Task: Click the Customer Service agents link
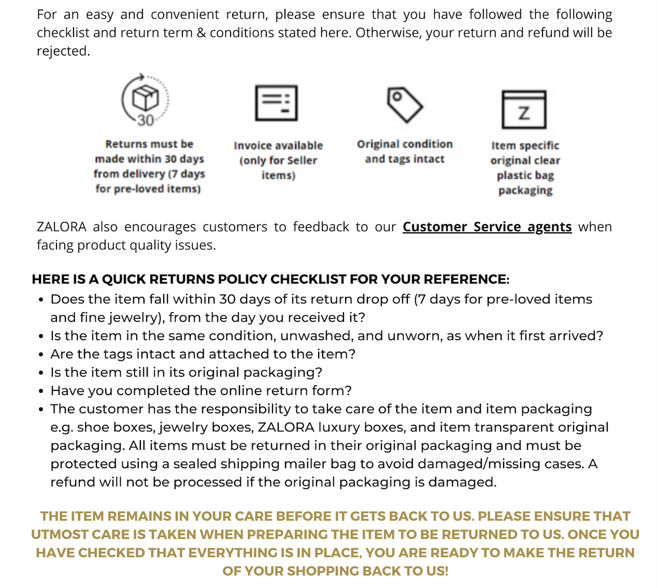pyautogui.click(x=487, y=227)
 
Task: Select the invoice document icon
pyautogui.click(x=277, y=103)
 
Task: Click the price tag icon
pyautogui.click(x=405, y=104)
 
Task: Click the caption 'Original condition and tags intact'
pyautogui.click(x=405, y=151)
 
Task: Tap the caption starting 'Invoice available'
pyautogui.click(x=278, y=160)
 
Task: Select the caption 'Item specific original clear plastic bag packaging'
pyautogui.click(x=525, y=168)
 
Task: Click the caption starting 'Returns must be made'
pyautogui.click(x=149, y=166)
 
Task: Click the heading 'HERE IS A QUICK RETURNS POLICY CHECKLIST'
pyautogui.click(x=270, y=279)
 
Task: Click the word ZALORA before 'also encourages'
pyautogui.click(x=62, y=227)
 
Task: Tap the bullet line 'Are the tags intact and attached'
pyautogui.click(x=203, y=354)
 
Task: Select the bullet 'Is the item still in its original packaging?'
pyautogui.click(x=186, y=372)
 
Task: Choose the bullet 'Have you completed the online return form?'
pyautogui.click(x=201, y=390)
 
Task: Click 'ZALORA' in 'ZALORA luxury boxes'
pyautogui.click(x=286, y=427)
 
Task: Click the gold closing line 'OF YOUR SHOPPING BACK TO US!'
pyautogui.click(x=335, y=571)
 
